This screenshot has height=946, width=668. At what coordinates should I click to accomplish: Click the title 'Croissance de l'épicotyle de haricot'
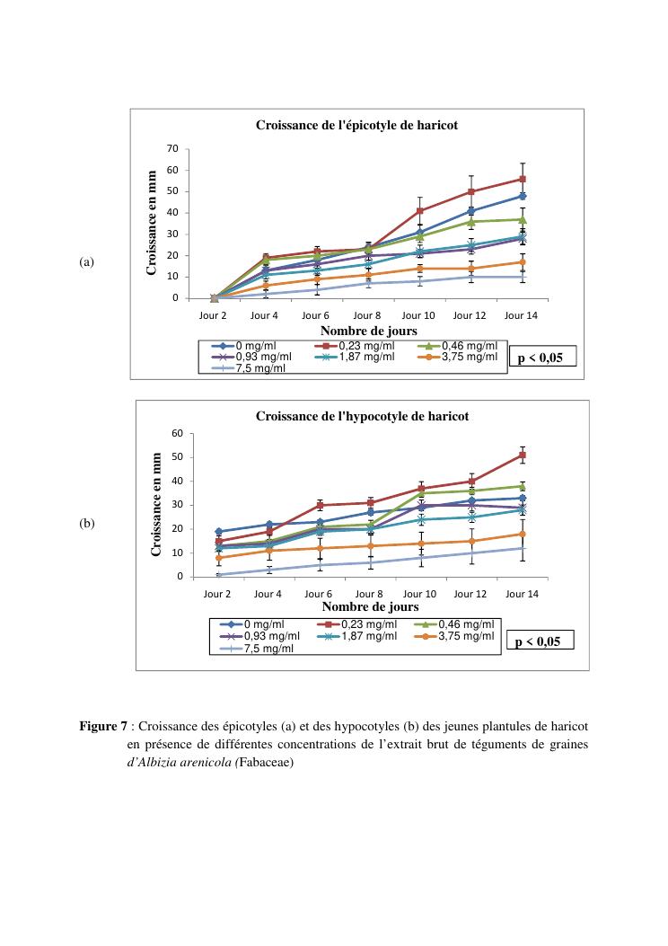(x=357, y=126)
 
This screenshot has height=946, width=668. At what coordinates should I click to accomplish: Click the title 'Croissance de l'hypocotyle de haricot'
(x=362, y=416)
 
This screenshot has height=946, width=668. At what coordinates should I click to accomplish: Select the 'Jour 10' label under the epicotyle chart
(x=417, y=315)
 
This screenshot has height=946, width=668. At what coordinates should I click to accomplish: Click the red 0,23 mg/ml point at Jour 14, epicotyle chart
(x=522, y=179)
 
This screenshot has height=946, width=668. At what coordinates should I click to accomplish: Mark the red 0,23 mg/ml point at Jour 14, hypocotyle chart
(x=523, y=455)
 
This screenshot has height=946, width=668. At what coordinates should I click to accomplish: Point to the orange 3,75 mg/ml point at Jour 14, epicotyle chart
(x=522, y=262)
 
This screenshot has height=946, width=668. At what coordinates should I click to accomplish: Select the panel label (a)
(x=87, y=262)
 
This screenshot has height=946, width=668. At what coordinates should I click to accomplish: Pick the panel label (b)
(x=87, y=523)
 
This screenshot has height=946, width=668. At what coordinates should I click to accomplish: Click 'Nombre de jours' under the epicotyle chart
(x=368, y=331)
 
